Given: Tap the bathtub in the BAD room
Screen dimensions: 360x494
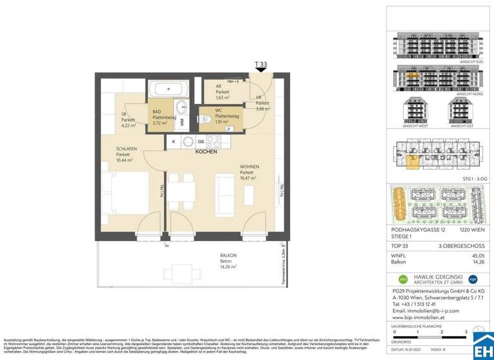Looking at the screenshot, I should click(169, 89).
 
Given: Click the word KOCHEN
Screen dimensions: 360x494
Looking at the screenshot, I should click(206, 152).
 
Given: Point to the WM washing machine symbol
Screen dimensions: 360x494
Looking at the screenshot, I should click(182, 121).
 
